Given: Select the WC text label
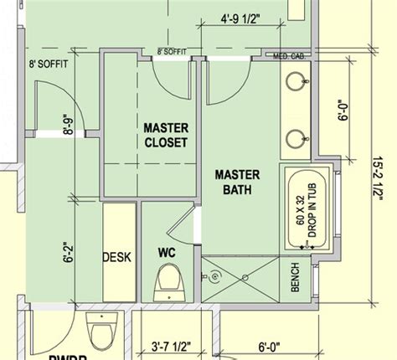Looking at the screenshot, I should point(167,250).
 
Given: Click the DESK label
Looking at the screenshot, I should point(116,258).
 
